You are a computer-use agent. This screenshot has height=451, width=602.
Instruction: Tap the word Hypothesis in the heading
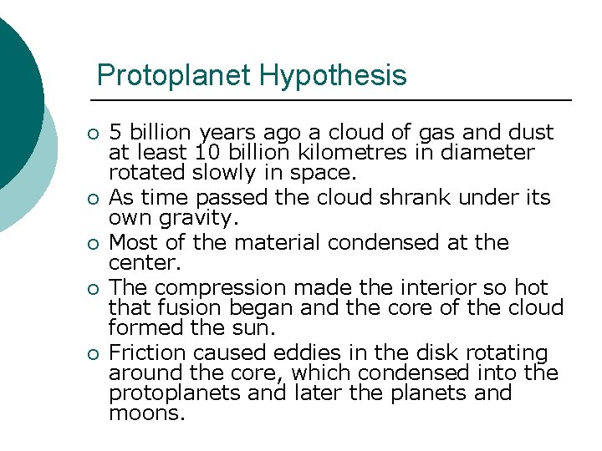pos(333,76)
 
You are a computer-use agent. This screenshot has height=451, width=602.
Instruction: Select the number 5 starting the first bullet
pos(115,133)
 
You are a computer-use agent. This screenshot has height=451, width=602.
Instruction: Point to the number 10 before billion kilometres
pos(205,153)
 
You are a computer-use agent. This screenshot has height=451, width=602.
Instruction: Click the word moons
pos(145,413)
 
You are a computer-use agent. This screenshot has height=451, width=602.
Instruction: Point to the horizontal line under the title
pos(334,101)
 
